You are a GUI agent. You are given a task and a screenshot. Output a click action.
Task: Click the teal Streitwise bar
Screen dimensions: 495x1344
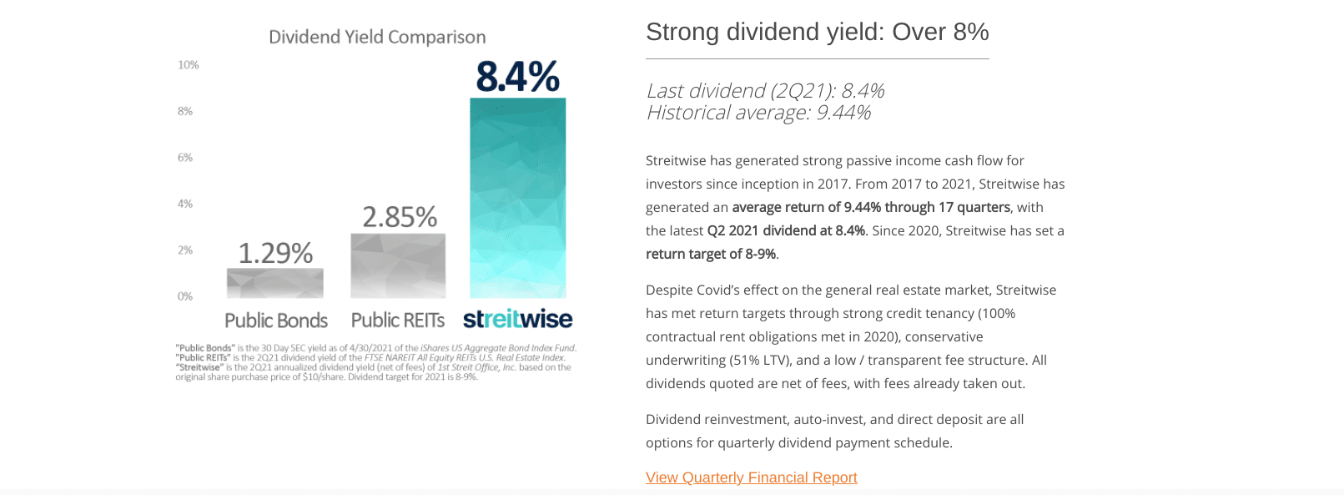[517, 198]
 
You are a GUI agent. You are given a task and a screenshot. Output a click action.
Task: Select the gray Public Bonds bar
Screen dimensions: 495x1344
[274, 283]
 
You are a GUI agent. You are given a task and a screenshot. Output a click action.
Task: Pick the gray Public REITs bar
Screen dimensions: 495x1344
[398, 265]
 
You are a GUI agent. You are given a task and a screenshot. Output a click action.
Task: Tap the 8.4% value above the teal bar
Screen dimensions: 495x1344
[517, 77]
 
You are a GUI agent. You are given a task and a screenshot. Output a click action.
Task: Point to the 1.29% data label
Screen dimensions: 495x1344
[275, 253]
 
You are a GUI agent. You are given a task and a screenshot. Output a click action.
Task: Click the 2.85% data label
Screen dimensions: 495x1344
[400, 217]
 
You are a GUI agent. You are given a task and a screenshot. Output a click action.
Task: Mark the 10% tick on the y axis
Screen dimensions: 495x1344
[188, 65]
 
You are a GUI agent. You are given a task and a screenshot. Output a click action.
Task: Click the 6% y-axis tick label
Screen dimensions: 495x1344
[185, 158]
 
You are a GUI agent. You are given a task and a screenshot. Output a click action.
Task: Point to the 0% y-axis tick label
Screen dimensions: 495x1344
[185, 296]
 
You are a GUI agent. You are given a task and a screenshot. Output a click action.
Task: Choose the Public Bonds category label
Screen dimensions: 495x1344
[276, 321]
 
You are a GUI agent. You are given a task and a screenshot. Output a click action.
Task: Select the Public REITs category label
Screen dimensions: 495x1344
[398, 321]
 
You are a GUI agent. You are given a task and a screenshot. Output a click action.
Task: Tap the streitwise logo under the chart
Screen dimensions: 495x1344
[517, 319]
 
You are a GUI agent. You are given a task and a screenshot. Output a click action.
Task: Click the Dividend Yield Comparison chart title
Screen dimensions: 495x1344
[377, 37]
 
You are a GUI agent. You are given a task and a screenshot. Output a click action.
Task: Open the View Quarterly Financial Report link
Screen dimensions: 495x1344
[751, 477]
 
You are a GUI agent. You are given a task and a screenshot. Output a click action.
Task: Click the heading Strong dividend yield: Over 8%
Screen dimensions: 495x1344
[817, 32]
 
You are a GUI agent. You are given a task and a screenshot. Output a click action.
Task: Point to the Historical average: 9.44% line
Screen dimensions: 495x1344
[758, 113]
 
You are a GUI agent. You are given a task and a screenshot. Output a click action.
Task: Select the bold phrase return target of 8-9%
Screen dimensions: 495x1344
[711, 254]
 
